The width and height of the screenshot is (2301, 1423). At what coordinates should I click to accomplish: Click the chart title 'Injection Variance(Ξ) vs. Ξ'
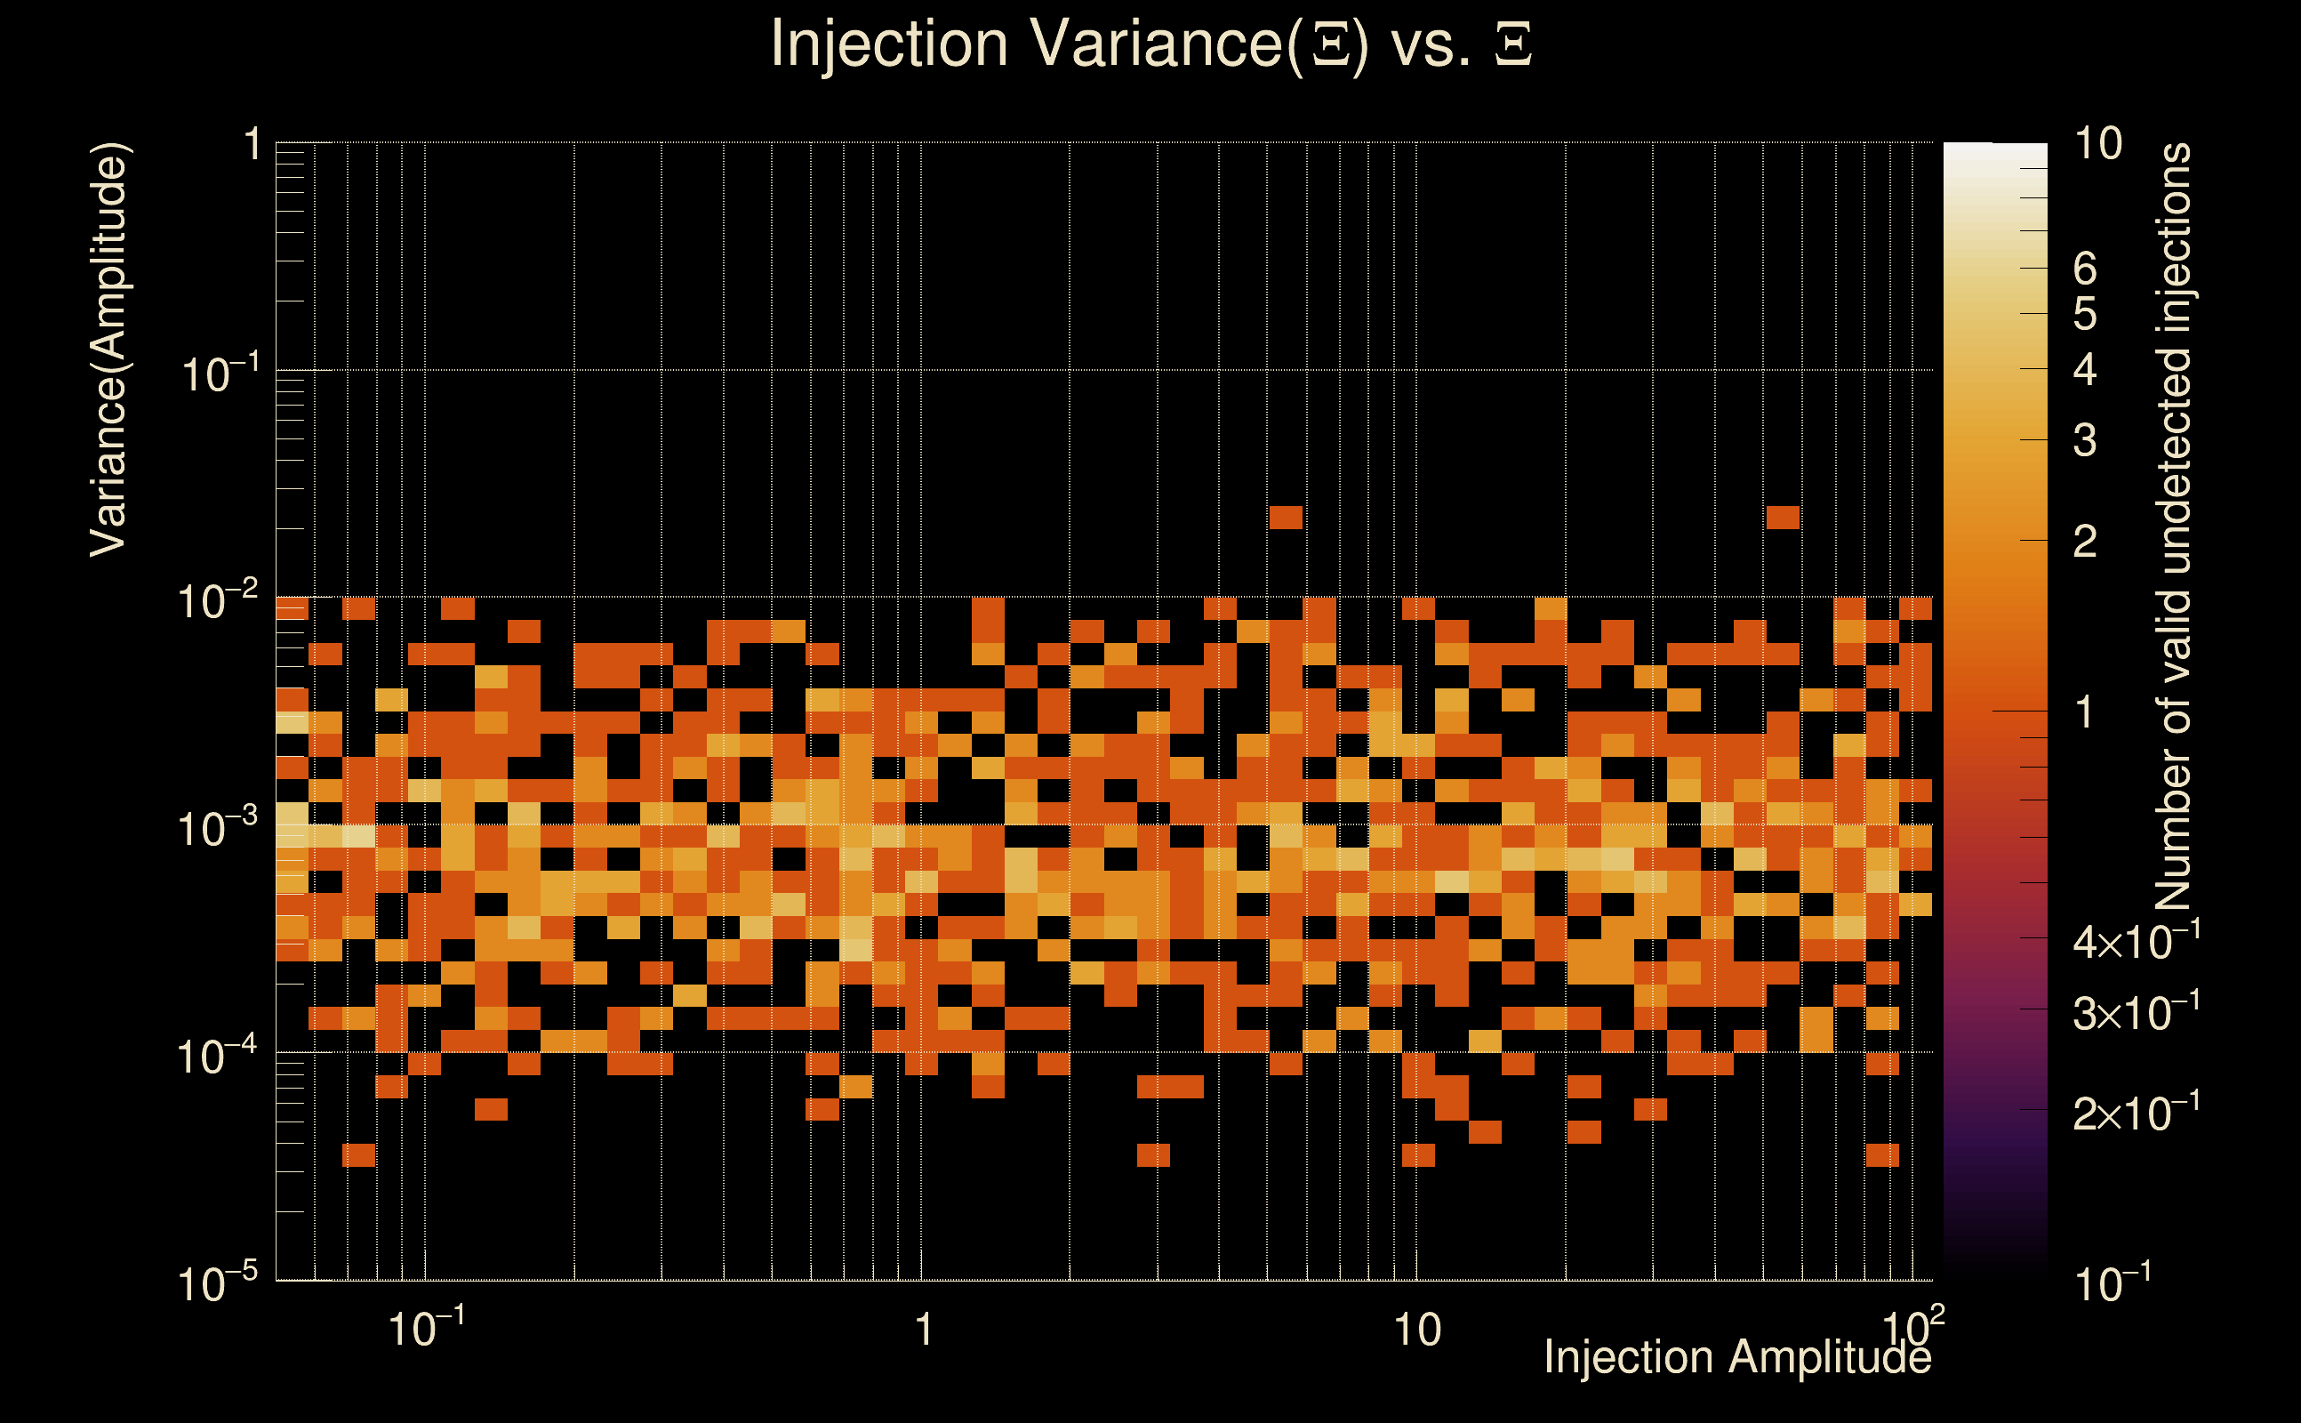(1150, 44)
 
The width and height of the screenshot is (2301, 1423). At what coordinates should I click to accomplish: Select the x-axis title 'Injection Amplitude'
(1736, 1357)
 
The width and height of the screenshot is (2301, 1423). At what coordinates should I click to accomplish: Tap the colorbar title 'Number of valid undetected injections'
(2173, 527)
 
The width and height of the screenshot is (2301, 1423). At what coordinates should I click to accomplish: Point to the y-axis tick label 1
(252, 146)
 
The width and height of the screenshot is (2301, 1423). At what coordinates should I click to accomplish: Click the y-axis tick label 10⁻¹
(218, 374)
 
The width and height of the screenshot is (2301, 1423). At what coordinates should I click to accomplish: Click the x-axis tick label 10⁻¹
(425, 1329)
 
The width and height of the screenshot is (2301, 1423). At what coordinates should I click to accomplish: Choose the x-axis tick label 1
(924, 1330)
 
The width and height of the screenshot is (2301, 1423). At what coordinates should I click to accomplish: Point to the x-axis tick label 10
(1416, 1330)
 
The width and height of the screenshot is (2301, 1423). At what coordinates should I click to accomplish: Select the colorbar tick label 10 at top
(2097, 144)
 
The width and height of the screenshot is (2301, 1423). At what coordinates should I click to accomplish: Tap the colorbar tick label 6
(2085, 269)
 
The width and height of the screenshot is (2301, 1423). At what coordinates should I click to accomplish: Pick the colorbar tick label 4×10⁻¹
(2136, 941)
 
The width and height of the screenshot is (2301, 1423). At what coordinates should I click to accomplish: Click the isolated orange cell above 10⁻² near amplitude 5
(1286, 518)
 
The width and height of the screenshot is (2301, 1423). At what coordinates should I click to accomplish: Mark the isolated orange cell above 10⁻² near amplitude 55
(1783, 518)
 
